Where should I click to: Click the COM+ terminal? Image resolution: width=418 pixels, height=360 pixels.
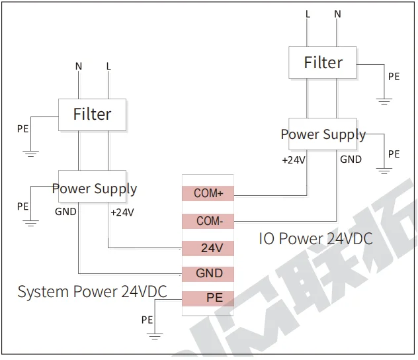click(208, 193)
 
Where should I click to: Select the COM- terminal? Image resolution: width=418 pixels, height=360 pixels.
click(208, 221)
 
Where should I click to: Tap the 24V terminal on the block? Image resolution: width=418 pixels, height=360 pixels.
click(208, 248)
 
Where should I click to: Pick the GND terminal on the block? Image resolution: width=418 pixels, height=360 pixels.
click(208, 273)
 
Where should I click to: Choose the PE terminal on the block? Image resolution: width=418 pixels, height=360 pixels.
click(208, 298)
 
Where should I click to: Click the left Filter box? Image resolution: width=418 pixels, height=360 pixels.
click(92, 114)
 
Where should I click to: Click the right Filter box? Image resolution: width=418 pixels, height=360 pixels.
click(323, 63)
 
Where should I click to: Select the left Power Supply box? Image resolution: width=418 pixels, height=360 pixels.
click(94, 189)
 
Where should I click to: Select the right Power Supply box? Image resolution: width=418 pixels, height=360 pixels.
click(323, 134)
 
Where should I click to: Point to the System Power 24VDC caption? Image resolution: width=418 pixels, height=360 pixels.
click(92, 291)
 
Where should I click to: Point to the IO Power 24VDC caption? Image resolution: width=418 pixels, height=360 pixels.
click(315, 238)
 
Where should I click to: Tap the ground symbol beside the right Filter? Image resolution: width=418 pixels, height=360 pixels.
click(384, 101)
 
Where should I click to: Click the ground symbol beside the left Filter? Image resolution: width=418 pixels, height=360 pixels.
click(30, 153)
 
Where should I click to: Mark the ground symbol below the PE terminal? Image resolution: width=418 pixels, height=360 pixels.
click(155, 337)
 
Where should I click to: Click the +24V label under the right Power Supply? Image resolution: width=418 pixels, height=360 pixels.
click(293, 159)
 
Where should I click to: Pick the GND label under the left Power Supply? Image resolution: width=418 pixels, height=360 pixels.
click(65, 212)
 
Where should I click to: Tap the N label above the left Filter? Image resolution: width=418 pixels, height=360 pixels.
click(79, 66)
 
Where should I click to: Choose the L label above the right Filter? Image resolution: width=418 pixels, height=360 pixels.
click(308, 14)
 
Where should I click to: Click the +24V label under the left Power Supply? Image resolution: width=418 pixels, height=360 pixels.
click(122, 212)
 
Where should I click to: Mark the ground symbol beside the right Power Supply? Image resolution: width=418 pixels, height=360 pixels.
click(384, 171)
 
